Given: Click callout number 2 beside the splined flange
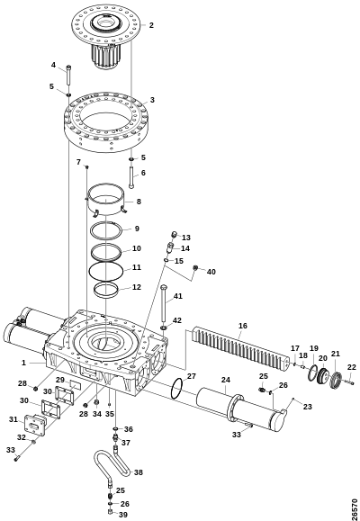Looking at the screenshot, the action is (x=151, y=25).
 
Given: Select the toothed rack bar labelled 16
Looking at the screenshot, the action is (x=240, y=348).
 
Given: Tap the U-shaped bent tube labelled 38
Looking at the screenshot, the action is (x=112, y=463).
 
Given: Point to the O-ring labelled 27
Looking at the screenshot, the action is (x=176, y=389).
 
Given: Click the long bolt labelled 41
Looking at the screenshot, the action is (x=163, y=302).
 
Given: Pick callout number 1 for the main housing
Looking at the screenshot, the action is (x=23, y=363).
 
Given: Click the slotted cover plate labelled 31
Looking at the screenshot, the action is (x=36, y=426).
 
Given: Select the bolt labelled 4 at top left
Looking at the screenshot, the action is (x=68, y=76).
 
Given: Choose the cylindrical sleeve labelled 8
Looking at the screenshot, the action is (x=105, y=200).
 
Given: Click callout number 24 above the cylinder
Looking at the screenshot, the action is (x=226, y=380).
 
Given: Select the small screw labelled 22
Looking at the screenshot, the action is (x=348, y=382).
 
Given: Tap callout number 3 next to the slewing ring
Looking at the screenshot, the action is (x=152, y=100).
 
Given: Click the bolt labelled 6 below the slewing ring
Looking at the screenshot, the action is (x=131, y=177).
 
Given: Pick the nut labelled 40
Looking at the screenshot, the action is (x=196, y=268).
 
